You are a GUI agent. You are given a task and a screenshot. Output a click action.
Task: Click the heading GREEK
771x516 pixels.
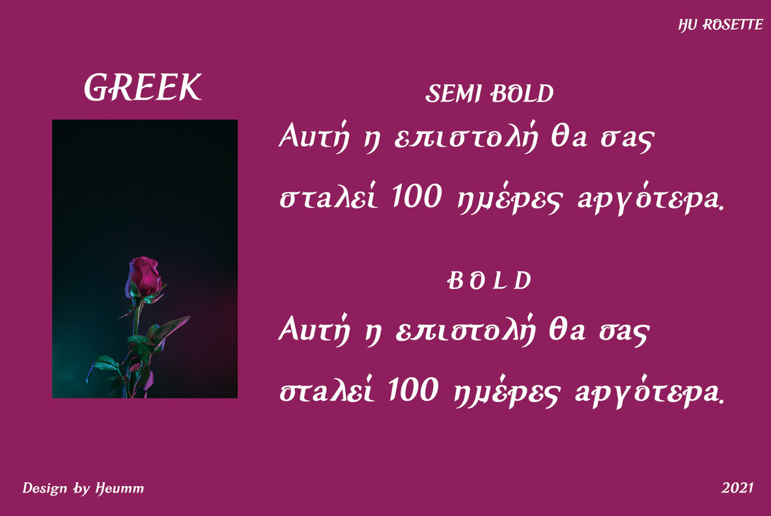click(143, 87)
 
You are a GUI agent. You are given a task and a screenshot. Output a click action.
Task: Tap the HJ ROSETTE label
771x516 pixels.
click(720, 25)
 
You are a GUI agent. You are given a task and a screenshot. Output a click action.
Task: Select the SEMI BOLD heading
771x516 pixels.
click(489, 93)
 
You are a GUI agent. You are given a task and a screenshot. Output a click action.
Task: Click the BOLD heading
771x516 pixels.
click(490, 280)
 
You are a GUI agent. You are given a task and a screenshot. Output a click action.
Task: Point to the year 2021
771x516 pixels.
click(738, 487)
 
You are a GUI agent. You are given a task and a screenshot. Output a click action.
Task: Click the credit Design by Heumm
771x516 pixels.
click(83, 488)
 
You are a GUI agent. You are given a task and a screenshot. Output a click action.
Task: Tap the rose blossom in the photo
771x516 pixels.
click(145, 276)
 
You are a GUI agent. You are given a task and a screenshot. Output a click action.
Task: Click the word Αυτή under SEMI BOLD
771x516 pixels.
click(315, 136)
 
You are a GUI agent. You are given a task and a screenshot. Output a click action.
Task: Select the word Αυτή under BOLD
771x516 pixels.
click(315, 328)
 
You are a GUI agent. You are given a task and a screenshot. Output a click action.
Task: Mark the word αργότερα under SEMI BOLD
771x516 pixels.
click(651, 199)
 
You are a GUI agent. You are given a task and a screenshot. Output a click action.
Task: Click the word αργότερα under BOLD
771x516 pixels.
click(649, 392)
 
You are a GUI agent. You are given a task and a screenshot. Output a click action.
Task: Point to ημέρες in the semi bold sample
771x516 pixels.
click(509, 199)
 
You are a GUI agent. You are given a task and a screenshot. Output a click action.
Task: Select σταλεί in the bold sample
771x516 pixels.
click(328, 389)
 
